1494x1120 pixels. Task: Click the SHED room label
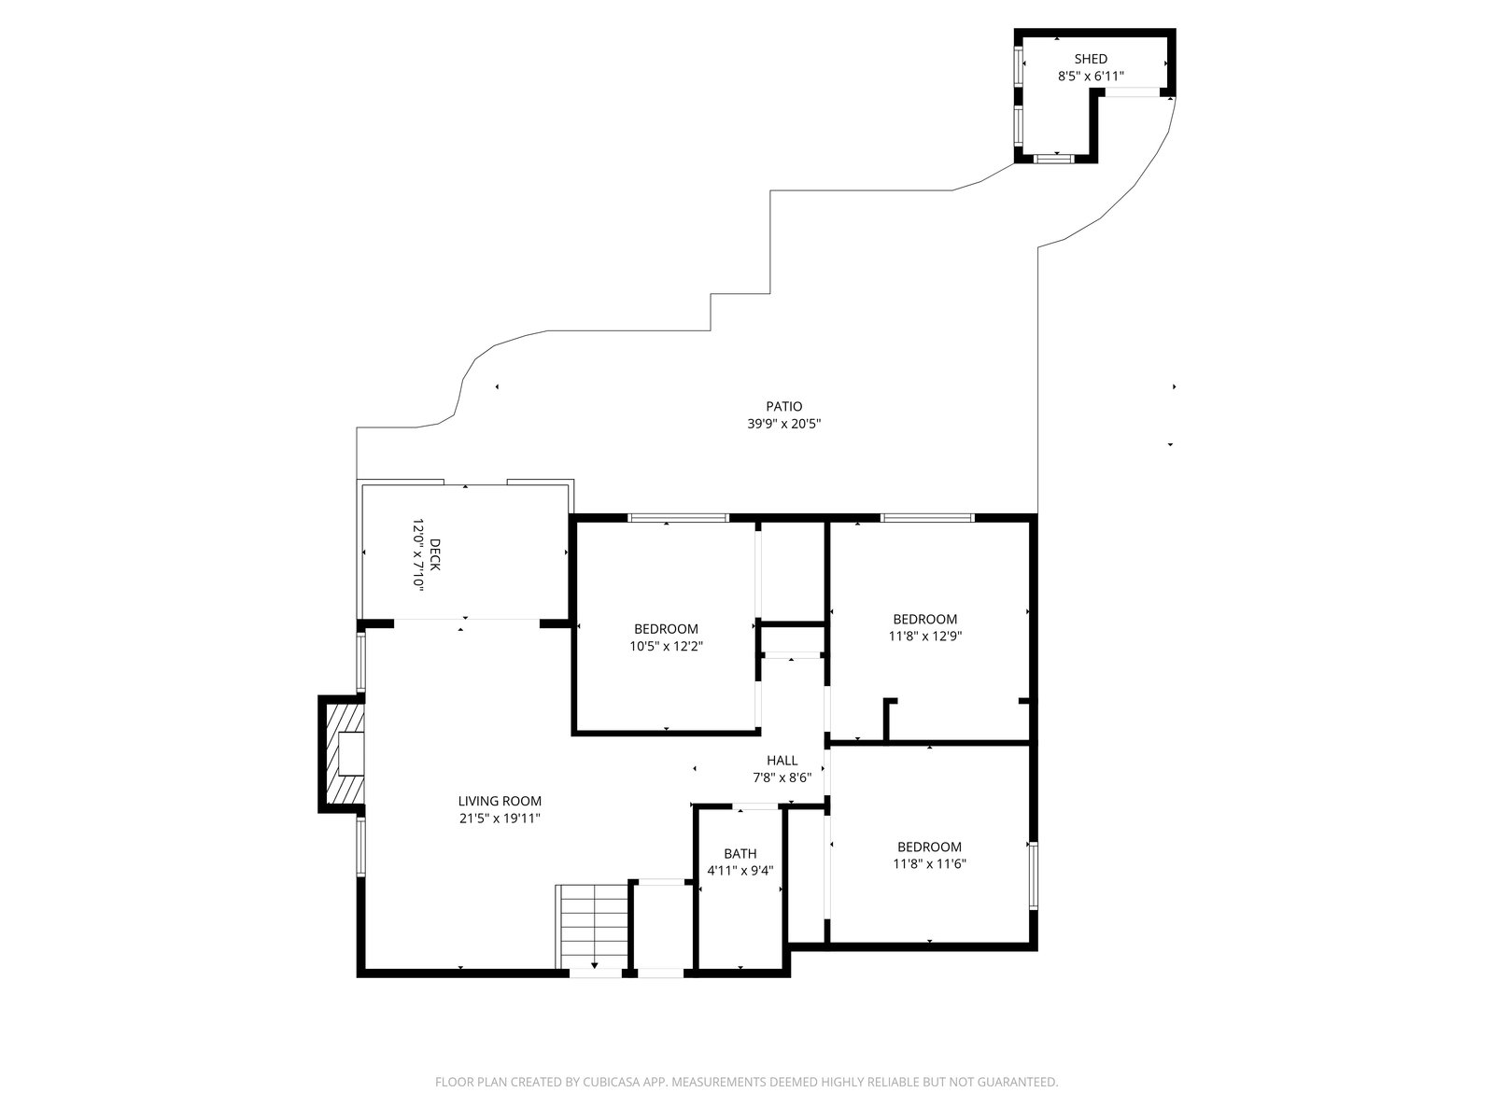[x=1091, y=59]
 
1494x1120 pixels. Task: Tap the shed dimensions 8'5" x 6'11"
[x=1091, y=77]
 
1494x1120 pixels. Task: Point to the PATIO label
[x=784, y=407]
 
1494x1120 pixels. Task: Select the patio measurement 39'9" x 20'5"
[x=784, y=424]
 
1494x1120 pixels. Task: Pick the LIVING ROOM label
[x=500, y=801]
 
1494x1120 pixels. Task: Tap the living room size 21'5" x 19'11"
[x=500, y=819]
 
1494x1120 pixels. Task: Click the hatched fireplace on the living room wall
[x=345, y=754]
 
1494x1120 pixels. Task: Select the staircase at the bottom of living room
[x=592, y=926]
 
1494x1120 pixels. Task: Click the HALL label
[x=782, y=761]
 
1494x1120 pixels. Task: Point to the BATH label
[x=740, y=853]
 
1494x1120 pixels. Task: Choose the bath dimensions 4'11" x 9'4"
[x=740, y=871]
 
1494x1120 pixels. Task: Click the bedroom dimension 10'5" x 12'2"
[x=666, y=646]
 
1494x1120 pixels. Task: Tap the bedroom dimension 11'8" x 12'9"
[x=925, y=637]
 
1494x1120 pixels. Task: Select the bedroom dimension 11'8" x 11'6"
[x=929, y=864]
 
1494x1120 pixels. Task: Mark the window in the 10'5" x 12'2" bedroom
[x=678, y=518]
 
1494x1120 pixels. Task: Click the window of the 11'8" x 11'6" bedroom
[x=1033, y=875]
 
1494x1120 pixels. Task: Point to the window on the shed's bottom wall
[x=1053, y=159]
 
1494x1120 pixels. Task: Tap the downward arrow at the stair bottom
[x=594, y=966]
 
